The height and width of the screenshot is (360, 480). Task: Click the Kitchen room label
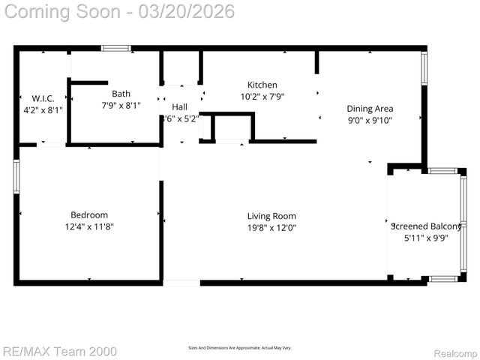[x=262, y=85]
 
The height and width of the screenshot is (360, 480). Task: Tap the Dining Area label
[x=370, y=109]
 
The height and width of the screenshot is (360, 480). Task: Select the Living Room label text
[x=272, y=216]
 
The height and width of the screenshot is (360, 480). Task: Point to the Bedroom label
[x=89, y=214]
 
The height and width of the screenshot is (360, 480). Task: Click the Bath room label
[x=121, y=94]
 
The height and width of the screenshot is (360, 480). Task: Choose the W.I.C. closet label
[x=43, y=98]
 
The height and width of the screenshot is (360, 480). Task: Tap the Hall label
[x=179, y=107]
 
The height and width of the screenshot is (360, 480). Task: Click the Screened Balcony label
[x=426, y=226]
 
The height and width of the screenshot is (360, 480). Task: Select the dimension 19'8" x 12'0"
[x=272, y=227]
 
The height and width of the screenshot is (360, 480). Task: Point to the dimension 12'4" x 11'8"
[x=89, y=226]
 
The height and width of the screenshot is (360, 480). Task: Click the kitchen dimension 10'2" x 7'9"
[x=262, y=96]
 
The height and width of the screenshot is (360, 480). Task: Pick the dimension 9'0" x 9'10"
[x=370, y=120]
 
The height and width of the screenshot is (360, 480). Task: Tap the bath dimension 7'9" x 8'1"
[x=121, y=105]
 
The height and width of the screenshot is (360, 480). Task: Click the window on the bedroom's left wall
[x=16, y=176]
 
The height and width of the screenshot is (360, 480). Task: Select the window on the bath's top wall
[x=116, y=48]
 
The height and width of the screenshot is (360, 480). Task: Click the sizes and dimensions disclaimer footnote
[x=239, y=348]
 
